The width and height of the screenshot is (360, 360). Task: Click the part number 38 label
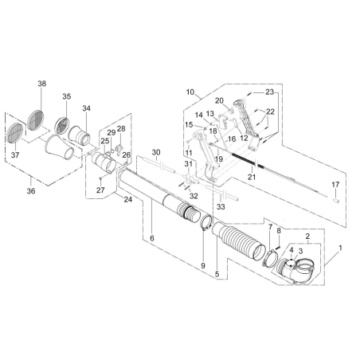[x=42, y=83]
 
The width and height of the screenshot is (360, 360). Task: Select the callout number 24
[x=128, y=199]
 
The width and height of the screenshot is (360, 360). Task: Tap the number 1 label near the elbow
[x=340, y=248]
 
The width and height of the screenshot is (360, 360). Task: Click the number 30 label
[x=156, y=151]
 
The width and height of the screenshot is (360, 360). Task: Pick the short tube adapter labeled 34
[x=80, y=133]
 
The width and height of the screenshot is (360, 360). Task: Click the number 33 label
[x=221, y=206]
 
